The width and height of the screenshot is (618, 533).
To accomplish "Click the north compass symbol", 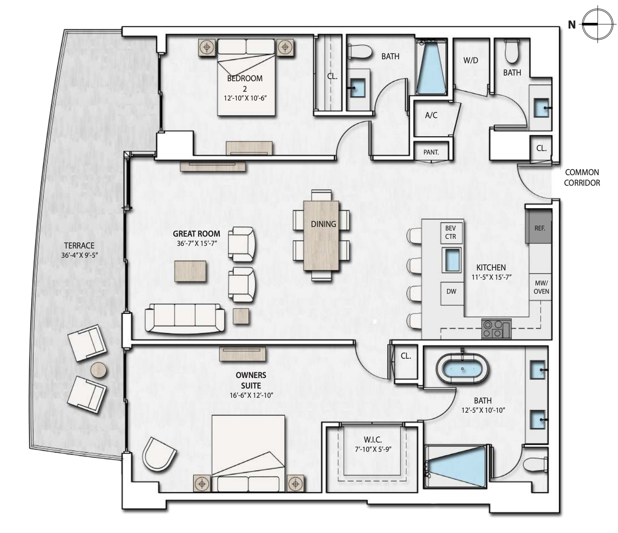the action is pos(597,24).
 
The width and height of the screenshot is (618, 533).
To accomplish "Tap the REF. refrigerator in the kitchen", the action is pos(539,226).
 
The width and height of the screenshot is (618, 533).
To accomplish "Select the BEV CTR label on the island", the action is pos(451,232).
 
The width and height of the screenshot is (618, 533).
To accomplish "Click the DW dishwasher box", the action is pos(451,292).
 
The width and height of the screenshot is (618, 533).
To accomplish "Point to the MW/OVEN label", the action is pos(541,287).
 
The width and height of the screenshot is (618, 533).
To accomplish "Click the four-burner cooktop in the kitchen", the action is pos(496,329).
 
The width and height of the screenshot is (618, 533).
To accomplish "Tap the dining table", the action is pos(321,235).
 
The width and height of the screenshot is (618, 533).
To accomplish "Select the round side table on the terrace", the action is pos(98,370).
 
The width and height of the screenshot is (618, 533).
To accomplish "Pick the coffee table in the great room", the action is pos(190,271).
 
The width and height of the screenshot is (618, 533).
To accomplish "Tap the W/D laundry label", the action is pos(471,60).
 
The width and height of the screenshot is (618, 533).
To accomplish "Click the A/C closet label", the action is pos(431,115).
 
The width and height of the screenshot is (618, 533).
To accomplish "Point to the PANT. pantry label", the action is pos(431,152).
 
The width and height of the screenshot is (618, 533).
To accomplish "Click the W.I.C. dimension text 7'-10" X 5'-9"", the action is pos(373,449).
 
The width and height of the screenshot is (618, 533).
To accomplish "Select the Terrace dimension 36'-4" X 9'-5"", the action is pos(80,255).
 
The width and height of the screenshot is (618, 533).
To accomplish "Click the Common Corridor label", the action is pos(582,177).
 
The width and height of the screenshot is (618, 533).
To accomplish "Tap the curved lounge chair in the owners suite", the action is pos(159,454).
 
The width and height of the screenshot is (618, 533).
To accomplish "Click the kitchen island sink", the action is pos(451,260).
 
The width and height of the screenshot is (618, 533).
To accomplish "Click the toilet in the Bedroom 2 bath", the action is pos(360,52).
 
